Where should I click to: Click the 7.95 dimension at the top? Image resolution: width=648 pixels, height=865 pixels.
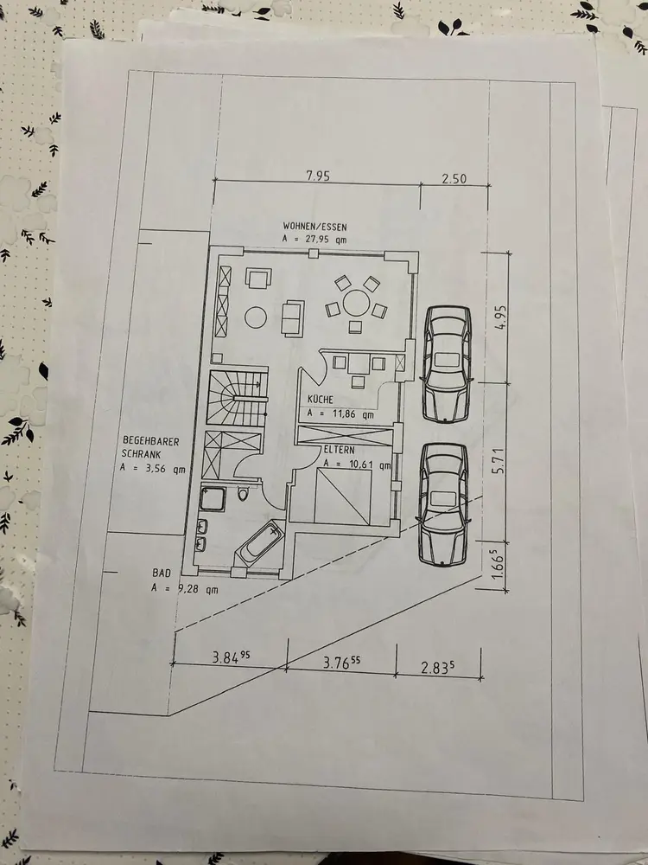[x=318, y=176]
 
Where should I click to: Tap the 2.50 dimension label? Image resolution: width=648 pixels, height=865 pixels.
[x=454, y=179]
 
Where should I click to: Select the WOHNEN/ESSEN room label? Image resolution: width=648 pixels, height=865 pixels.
[x=315, y=226]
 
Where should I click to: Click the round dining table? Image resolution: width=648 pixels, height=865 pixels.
[x=356, y=303]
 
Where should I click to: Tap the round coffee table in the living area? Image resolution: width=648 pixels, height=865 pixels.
[x=256, y=317]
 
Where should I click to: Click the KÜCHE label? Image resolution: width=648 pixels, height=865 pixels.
[x=321, y=399]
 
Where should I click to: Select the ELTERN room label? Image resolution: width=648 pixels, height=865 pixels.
[x=339, y=450]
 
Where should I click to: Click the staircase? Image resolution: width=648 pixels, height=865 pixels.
[x=238, y=398]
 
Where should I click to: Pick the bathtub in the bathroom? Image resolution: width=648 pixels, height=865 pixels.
[x=261, y=544]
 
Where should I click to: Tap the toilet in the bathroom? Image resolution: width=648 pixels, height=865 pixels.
[x=243, y=493]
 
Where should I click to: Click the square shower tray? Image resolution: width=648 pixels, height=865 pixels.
[x=213, y=498]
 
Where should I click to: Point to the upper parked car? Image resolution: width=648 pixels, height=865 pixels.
[x=447, y=363]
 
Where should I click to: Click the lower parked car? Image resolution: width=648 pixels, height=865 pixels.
[x=443, y=504]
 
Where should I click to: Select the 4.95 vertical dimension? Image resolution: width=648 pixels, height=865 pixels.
[x=499, y=318]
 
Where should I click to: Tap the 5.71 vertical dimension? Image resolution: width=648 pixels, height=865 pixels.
[x=499, y=461]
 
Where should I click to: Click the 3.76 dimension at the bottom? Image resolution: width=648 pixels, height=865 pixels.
[x=341, y=662]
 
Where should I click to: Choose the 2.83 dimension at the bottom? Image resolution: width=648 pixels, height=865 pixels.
[x=438, y=668]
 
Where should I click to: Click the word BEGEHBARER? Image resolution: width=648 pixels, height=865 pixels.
[x=150, y=441]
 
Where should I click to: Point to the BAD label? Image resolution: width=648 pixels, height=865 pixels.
[x=162, y=573]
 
